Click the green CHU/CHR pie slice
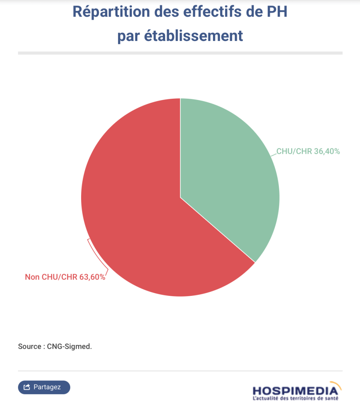229,177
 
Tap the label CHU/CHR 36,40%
308,151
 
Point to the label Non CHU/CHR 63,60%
65,277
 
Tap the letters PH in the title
277,12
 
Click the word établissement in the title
194,36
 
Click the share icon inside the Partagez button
27,387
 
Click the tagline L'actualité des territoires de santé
295,399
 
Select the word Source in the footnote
29,346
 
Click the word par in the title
129,36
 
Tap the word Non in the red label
32,277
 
